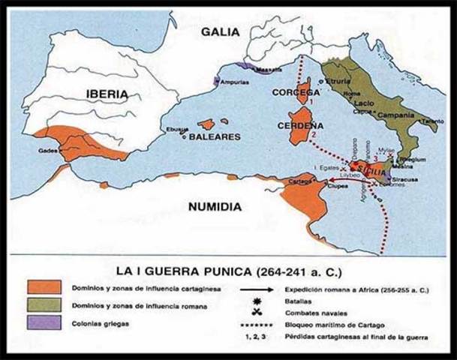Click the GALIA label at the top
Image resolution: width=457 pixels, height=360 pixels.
pos(220,31)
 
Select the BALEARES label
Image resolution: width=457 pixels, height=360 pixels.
pos(214,137)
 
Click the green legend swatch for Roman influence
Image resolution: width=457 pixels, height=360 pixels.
pos(45,307)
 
